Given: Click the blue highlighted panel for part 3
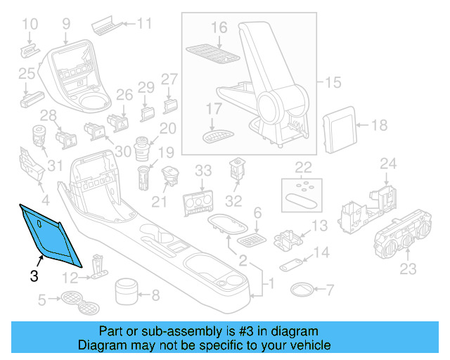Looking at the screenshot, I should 50,233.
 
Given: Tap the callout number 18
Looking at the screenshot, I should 379,126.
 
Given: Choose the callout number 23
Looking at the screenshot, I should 408,269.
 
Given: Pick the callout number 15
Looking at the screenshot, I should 332,83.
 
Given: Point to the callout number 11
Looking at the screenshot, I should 144,24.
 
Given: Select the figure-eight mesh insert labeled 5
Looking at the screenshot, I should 79,302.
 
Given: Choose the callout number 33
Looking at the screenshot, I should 202,171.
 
